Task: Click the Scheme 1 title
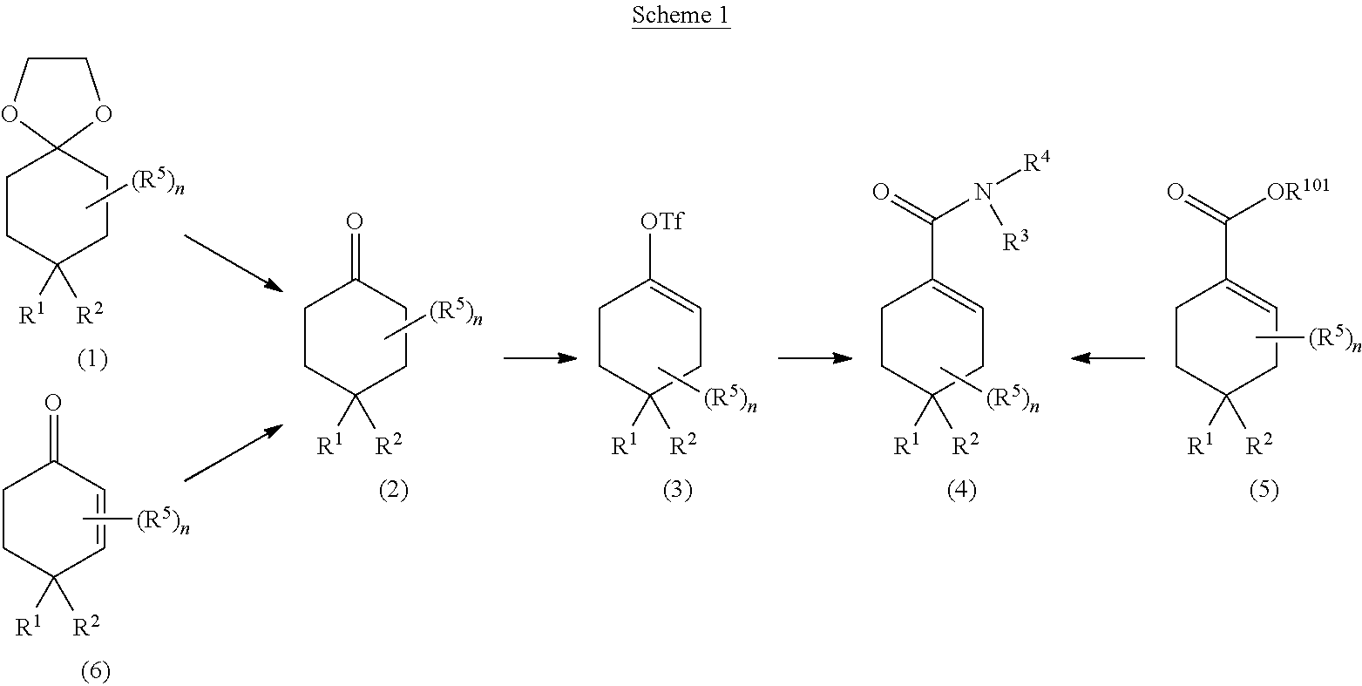point(680,17)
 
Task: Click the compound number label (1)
point(92,359)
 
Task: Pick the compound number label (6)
point(96,670)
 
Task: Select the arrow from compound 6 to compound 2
point(234,452)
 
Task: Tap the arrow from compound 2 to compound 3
point(540,358)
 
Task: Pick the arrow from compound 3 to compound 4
point(815,358)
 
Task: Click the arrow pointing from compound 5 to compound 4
point(1108,358)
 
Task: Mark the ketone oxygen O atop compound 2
point(354,223)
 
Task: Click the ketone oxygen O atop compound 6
point(52,404)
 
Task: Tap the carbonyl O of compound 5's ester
point(1176,193)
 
